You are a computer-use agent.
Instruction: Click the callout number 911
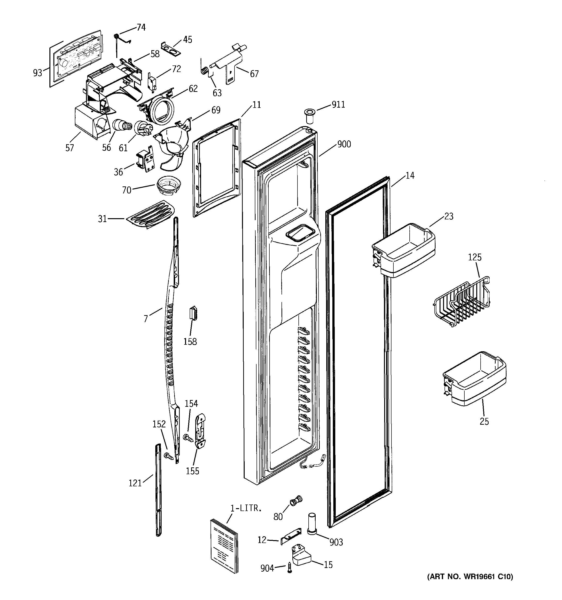click(x=338, y=104)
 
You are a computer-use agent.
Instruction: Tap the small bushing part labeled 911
click(x=309, y=116)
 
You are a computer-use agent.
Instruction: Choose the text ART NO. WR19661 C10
click(x=470, y=577)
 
